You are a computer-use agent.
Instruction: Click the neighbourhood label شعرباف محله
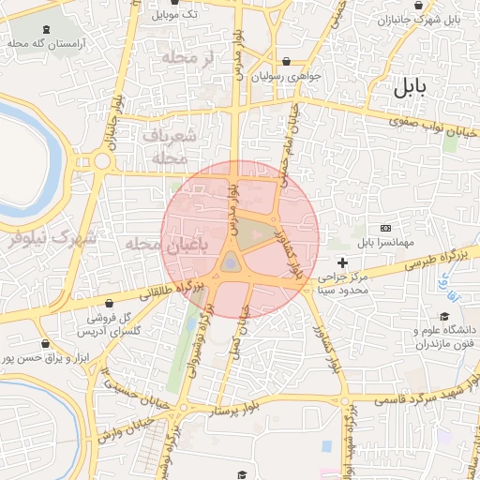(170, 146)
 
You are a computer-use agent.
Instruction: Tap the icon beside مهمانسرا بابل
(385, 228)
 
